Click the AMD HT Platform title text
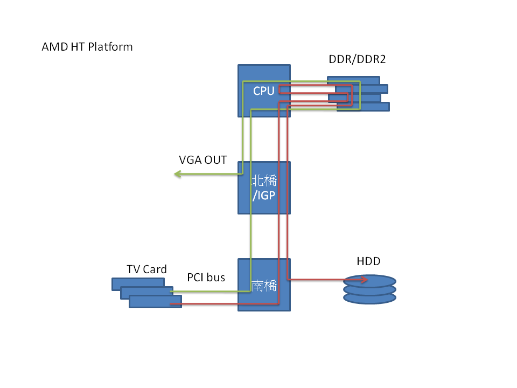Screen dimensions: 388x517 click(x=87, y=47)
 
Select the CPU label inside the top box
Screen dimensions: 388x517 click(x=264, y=91)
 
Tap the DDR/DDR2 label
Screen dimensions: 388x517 click(x=357, y=59)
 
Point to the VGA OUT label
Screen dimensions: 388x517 click(x=203, y=160)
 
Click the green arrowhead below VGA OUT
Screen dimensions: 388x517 click(x=177, y=174)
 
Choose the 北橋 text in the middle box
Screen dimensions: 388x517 click(x=264, y=181)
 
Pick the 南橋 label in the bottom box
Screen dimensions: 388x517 click(x=264, y=286)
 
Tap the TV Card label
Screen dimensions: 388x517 click(x=146, y=269)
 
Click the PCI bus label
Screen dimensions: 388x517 click(x=206, y=278)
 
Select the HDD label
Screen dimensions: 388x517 click(x=368, y=261)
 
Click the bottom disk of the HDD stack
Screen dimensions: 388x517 click(x=369, y=298)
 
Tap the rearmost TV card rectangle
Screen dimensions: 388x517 click(x=135, y=282)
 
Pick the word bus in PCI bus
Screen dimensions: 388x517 click(x=216, y=278)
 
